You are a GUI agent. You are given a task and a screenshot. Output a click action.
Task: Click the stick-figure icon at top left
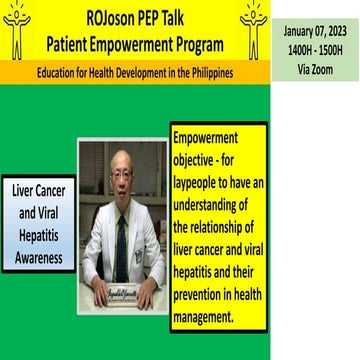pos(18,28)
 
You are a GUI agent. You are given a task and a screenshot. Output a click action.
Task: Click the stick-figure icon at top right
pos(253,28)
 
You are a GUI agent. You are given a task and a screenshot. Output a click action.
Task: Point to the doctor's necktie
pos(121,240)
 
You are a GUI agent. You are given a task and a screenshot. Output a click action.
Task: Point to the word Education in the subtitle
pos(62,73)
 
